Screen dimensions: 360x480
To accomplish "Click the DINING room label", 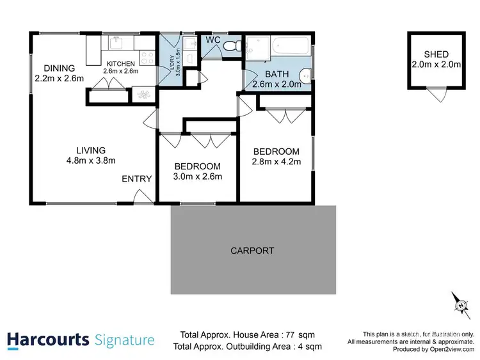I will click(x=59, y=68).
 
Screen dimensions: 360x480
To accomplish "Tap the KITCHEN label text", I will click(x=121, y=63).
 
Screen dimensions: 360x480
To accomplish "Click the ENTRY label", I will click(x=136, y=179).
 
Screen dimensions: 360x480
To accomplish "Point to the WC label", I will click(x=213, y=40).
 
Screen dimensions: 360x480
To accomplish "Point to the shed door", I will click(x=437, y=95).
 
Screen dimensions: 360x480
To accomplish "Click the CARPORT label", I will click(x=252, y=251).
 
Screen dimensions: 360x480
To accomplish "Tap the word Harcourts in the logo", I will click(x=47, y=340).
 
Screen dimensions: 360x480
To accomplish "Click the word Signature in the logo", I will click(x=124, y=340).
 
